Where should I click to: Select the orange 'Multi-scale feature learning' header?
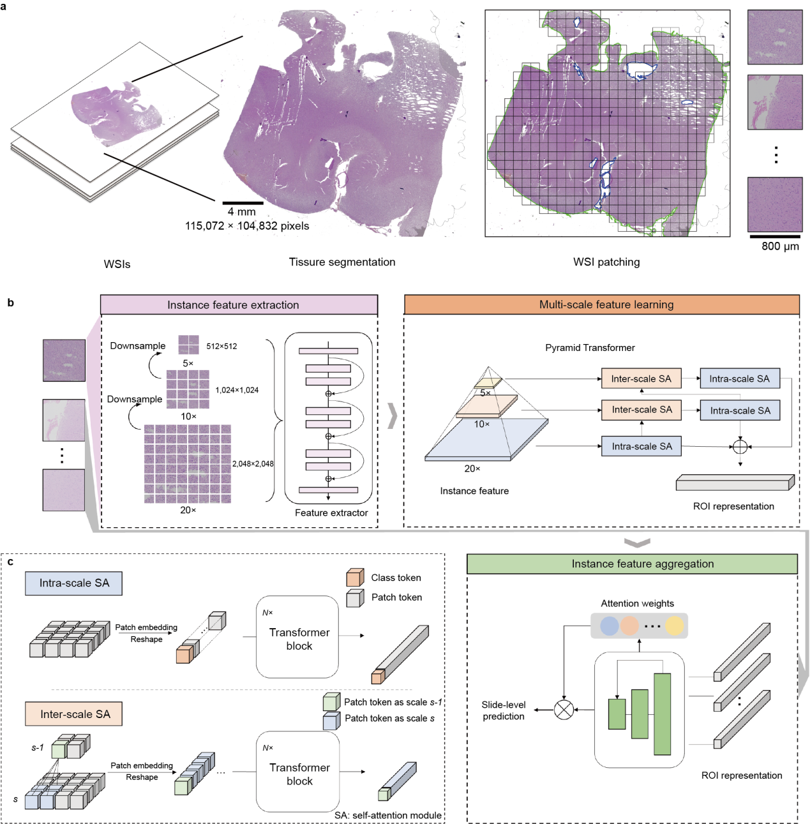pos(601,304)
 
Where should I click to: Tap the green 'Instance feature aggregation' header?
pos(632,564)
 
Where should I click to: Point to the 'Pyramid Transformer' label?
pos(590,348)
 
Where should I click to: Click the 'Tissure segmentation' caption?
pos(342,262)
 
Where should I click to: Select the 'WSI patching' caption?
pos(606,262)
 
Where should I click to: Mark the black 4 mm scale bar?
pos(243,203)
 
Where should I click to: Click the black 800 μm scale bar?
pos(776,236)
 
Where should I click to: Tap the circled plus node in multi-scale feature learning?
pos(740,447)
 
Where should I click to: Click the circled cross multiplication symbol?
pos(564,710)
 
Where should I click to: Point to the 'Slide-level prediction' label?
pos(504,710)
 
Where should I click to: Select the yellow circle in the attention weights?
pos(674,625)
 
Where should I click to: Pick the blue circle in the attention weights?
pos(610,625)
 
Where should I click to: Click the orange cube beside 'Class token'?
pos(355,578)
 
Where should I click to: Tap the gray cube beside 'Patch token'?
pos(355,598)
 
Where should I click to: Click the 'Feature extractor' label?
pos(331,513)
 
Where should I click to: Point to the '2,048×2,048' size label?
pos(253,464)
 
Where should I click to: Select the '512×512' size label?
pos(221,347)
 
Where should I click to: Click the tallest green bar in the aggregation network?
pos(662,714)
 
